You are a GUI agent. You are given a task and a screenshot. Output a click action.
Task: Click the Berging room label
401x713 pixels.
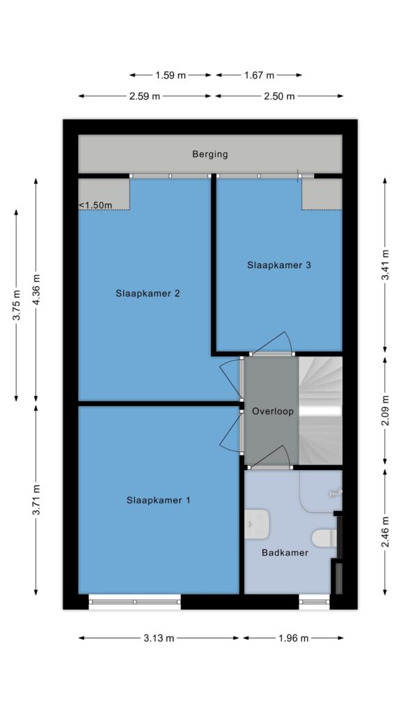pyautogui.click(x=210, y=154)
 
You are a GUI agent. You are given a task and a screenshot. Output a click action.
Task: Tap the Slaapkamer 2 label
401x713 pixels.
pyautogui.click(x=148, y=293)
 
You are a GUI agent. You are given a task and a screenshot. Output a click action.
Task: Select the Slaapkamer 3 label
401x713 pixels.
pyautogui.click(x=279, y=265)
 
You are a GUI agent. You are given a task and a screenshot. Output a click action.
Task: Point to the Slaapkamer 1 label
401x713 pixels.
pyautogui.click(x=158, y=500)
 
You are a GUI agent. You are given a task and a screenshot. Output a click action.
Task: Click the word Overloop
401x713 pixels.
pyautogui.click(x=273, y=412)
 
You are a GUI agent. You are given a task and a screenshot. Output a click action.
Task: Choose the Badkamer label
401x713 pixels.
pyautogui.click(x=285, y=553)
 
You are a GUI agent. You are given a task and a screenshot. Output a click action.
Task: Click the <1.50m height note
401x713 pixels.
pyautogui.click(x=95, y=205)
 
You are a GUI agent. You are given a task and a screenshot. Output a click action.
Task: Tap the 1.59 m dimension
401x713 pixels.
pyautogui.click(x=171, y=75)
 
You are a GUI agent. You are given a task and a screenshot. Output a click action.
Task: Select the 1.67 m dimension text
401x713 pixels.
pyautogui.click(x=259, y=75)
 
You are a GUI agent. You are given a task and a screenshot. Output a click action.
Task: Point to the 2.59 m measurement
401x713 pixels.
pyautogui.click(x=145, y=96)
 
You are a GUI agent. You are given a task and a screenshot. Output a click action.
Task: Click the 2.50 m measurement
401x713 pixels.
pyautogui.click(x=279, y=96)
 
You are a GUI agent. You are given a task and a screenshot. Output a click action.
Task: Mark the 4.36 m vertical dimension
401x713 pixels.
pyautogui.click(x=36, y=290)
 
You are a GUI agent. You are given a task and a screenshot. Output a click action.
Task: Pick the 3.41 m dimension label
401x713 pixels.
pyautogui.click(x=386, y=266)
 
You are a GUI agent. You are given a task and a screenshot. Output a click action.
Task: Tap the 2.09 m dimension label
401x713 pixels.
pyautogui.click(x=386, y=411)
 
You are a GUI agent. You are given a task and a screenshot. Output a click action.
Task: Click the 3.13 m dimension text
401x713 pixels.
pyautogui.click(x=159, y=638)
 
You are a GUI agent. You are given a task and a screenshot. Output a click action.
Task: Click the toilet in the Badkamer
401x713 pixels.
pyautogui.click(x=324, y=538)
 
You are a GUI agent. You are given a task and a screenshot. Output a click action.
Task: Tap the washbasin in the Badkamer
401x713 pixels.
pyautogui.click(x=258, y=524)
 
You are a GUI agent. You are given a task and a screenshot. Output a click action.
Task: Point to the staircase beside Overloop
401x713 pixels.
pyautogui.click(x=320, y=411)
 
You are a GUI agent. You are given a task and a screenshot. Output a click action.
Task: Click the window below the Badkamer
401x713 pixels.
pyautogui.click(x=314, y=602)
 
